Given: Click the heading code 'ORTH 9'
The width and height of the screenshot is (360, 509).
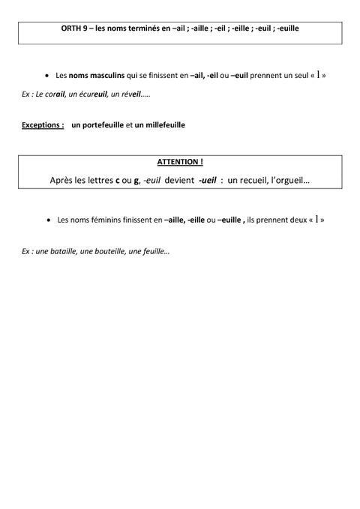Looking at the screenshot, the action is coord(73,28).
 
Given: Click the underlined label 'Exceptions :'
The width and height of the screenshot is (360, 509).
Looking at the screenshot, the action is coord(43,125).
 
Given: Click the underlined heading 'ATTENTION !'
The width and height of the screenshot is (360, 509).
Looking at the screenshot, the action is coord(180,162).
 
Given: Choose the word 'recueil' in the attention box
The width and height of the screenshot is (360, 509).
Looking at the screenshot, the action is coord(258,181).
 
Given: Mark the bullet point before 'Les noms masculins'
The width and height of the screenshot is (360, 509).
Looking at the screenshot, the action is coord(47,76).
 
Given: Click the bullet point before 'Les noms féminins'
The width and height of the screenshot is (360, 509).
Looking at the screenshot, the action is coord(47,220).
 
